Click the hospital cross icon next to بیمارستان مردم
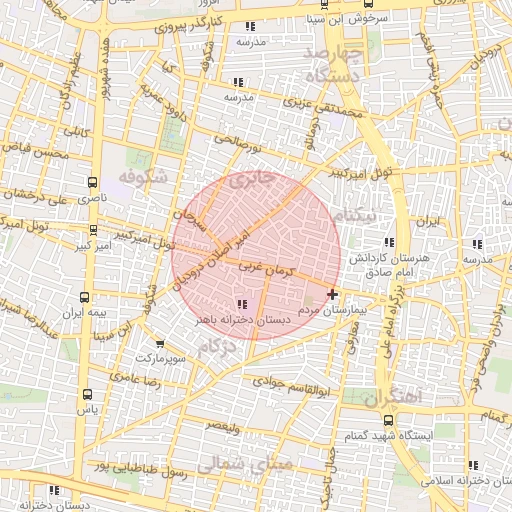[332, 294]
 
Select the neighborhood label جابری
[250, 181]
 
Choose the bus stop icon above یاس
[88, 393]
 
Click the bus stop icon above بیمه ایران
[83, 297]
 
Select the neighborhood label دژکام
[218, 347]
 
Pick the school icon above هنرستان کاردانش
[389, 242]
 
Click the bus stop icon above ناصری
[92, 183]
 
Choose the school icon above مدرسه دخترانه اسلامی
[473, 465]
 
